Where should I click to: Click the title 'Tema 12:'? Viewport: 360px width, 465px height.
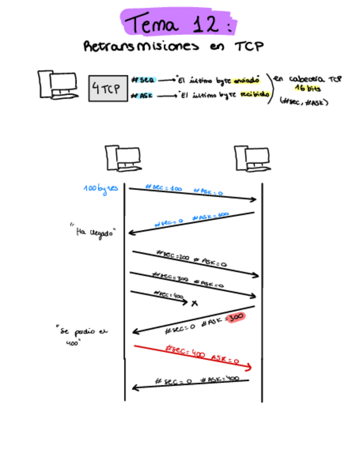click(179, 24)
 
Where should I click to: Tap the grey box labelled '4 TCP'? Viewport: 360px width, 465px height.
click(108, 89)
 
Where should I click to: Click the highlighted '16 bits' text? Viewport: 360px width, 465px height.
click(308, 88)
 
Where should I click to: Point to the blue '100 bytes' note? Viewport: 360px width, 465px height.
click(100, 190)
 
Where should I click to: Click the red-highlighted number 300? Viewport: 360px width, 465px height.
click(235, 317)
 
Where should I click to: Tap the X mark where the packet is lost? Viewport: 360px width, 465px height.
click(194, 303)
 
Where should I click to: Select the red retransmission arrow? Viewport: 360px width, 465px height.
click(192, 357)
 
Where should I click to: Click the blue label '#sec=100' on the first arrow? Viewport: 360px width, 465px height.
click(164, 188)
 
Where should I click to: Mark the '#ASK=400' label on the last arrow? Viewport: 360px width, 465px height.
click(220, 379)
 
